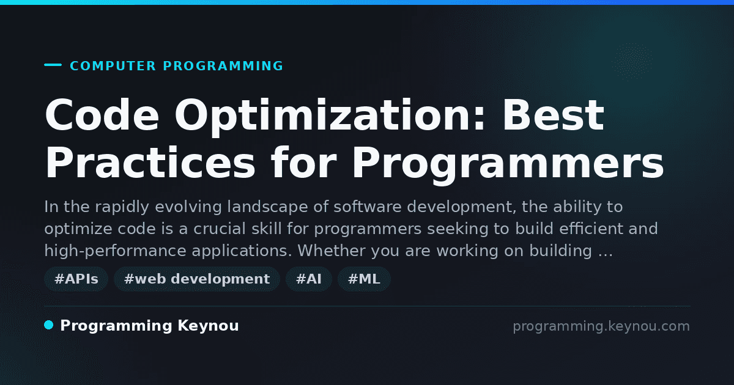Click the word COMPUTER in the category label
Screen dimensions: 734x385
[113, 66]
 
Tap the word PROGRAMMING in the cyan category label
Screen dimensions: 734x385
[223, 66]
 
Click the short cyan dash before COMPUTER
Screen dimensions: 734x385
[53, 65]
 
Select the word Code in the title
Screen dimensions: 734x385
[102, 116]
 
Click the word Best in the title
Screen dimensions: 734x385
[554, 116]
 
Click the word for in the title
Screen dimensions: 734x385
[304, 162]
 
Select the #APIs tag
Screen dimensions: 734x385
[76, 279]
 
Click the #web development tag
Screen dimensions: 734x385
[197, 279]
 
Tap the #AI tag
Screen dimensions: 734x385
[309, 279]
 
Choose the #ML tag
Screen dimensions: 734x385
[364, 279]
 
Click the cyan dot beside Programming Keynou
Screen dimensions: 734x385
[48, 325]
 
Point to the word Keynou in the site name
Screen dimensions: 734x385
[208, 326]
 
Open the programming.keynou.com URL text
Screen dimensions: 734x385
[601, 326]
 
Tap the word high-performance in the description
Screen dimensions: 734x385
[116, 251]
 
